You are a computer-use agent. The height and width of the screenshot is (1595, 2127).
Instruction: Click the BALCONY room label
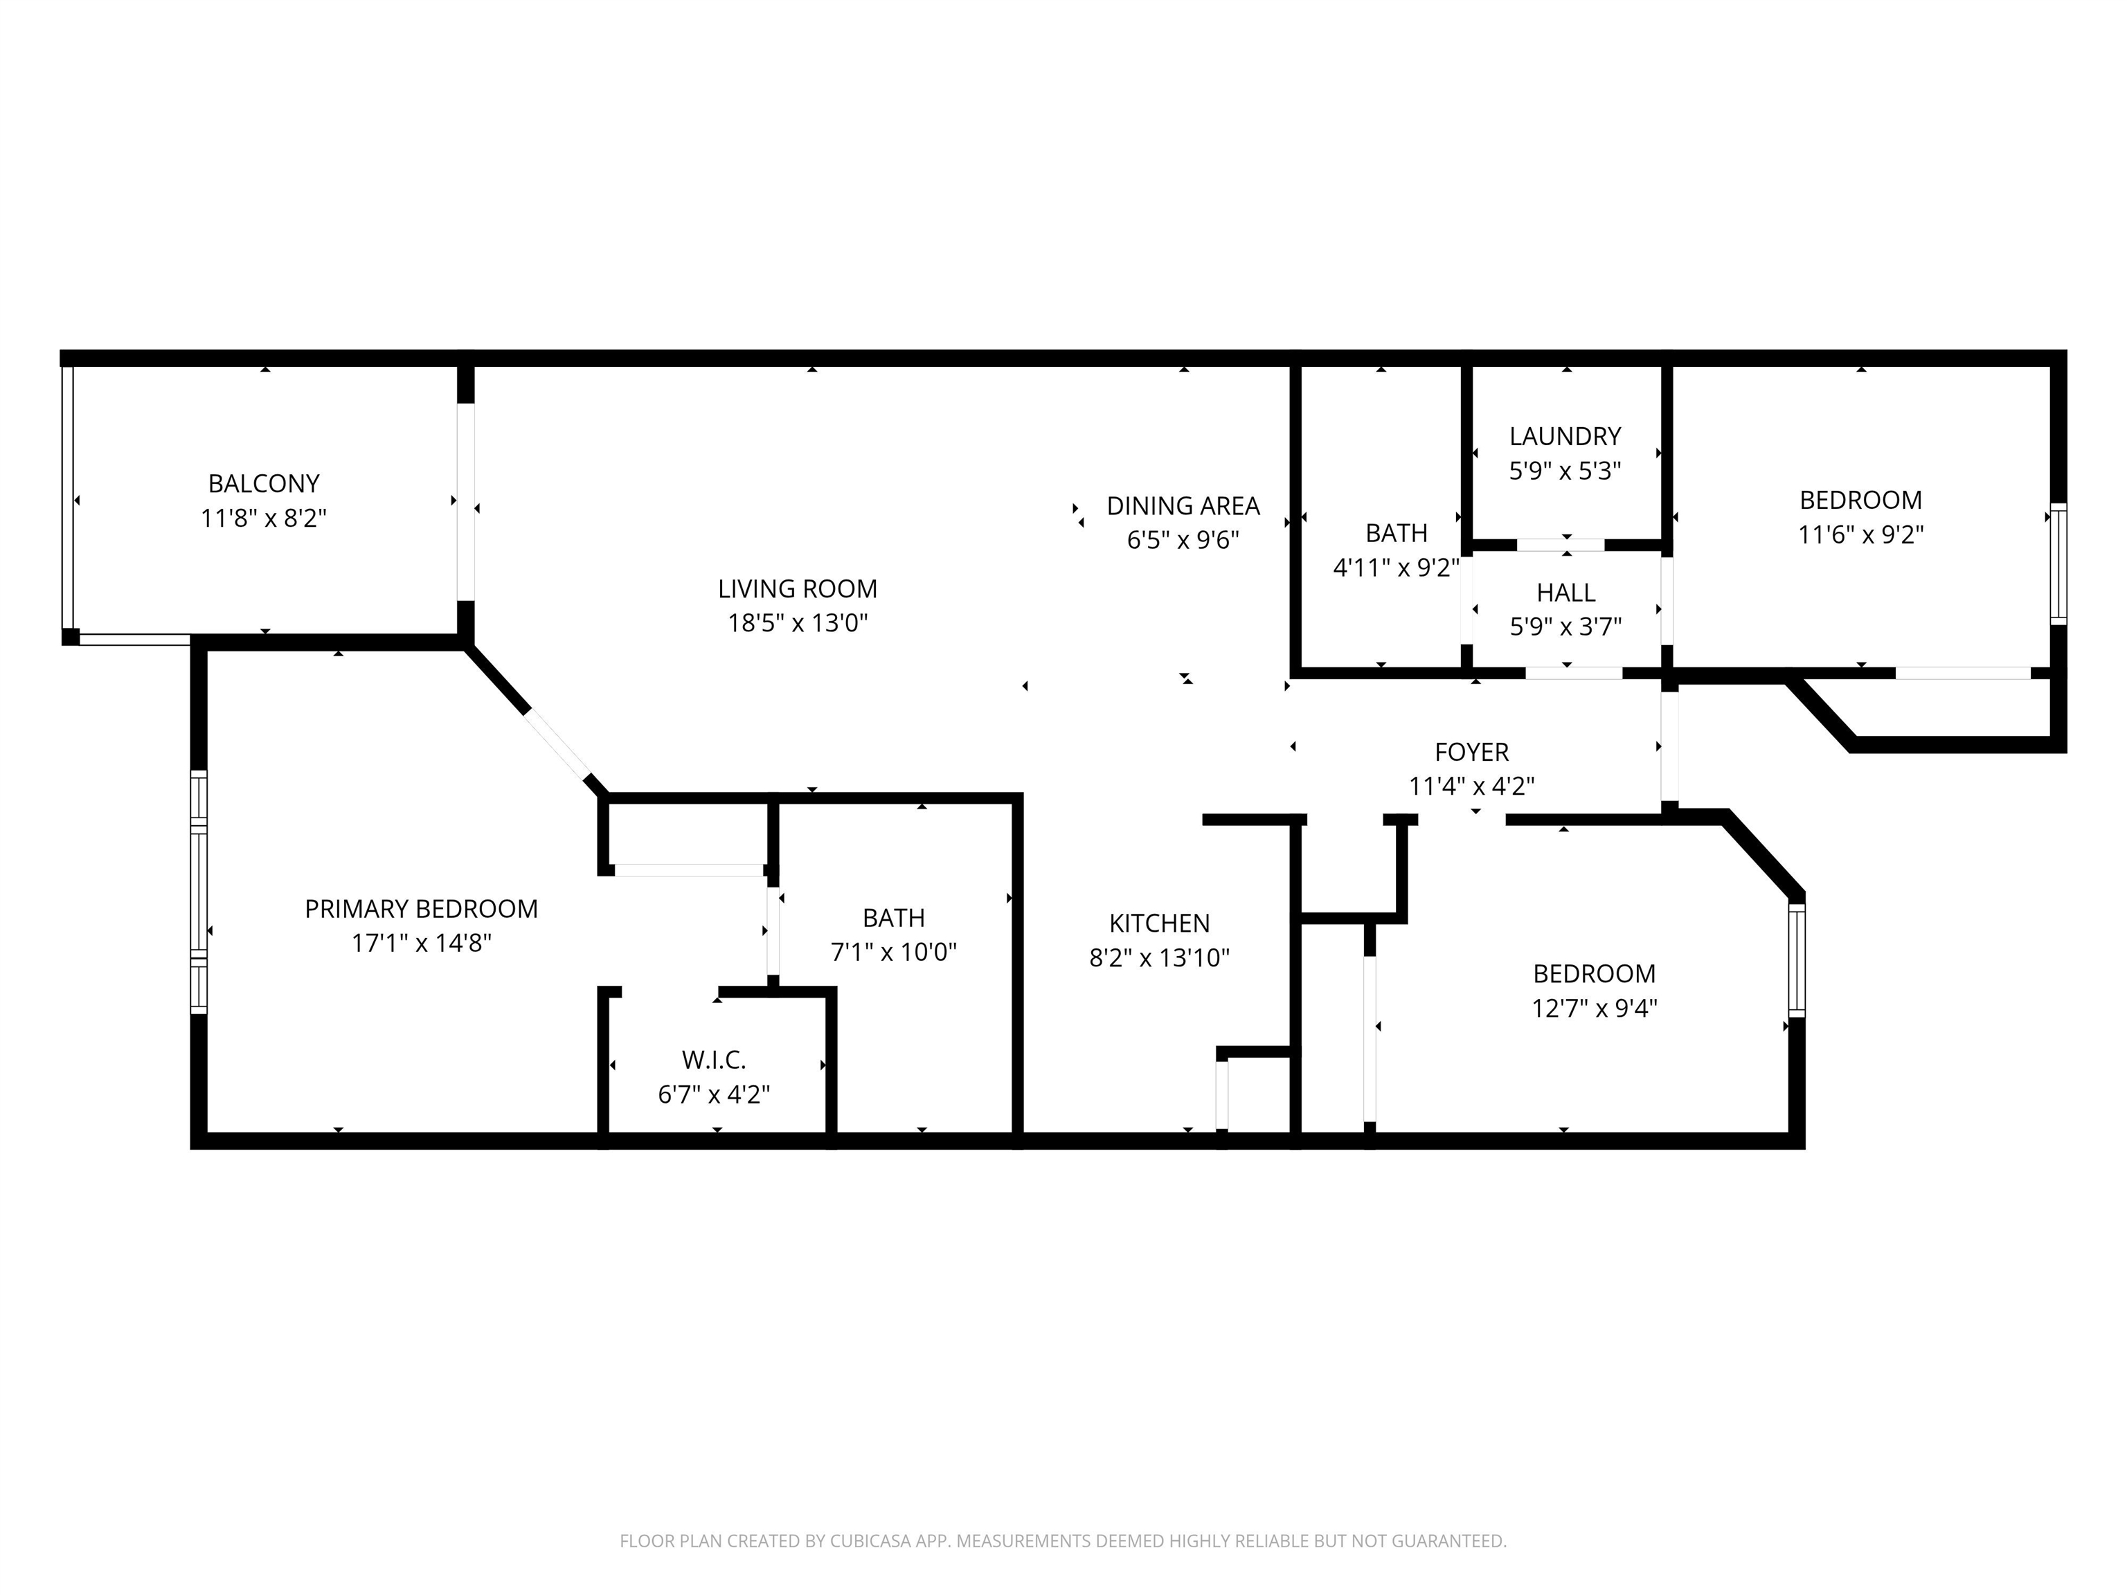(x=264, y=484)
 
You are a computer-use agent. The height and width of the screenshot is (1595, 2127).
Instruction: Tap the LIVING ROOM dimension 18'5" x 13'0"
(x=798, y=623)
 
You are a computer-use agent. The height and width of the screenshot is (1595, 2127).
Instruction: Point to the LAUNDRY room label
(x=1565, y=437)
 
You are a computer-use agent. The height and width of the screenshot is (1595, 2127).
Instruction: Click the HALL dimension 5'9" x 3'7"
(x=1565, y=627)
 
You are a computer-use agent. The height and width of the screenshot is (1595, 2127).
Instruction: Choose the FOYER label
(x=1471, y=752)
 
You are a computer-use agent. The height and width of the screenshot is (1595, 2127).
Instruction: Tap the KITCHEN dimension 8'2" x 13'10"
(x=1160, y=957)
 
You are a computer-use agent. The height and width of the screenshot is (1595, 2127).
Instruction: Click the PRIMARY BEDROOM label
(x=421, y=908)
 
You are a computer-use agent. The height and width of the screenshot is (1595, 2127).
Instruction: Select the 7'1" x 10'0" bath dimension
(x=895, y=952)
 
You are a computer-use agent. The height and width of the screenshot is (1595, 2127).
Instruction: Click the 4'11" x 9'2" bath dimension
(x=1397, y=567)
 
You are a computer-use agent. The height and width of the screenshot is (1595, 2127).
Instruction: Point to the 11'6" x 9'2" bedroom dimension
(x=1860, y=534)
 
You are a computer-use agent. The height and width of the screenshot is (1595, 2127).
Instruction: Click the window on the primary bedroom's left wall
(x=198, y=891)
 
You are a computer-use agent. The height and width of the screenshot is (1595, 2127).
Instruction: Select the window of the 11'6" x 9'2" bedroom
(x=2058, y=564)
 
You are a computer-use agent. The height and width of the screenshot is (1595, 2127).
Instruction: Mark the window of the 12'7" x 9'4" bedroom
(x=1796, y=959)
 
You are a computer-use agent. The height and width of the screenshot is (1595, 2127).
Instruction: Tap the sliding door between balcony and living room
(x=465, y=502)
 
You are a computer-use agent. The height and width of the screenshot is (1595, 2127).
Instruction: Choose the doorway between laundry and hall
(x=1560, y=545)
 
